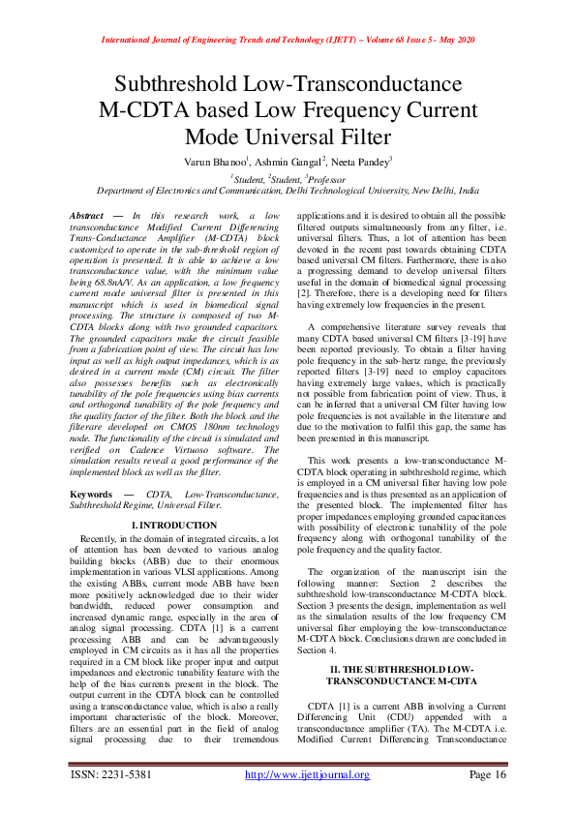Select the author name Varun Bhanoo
pos(218,162)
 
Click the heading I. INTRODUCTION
pos(178,524)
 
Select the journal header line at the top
pos(288,41)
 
